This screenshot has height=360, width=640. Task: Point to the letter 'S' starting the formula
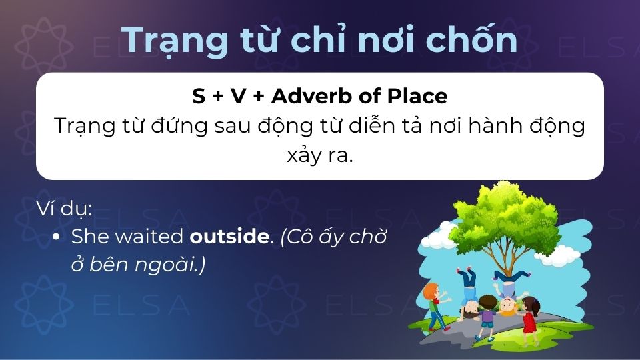pyautogui.click(x=198, y=97)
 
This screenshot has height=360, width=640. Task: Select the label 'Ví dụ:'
pyautogui.click(x=64, y=209)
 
